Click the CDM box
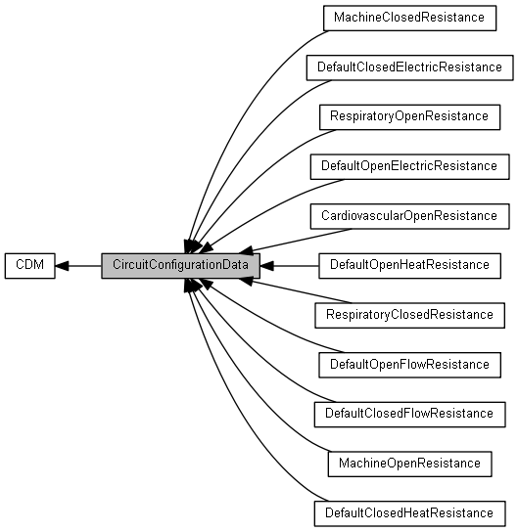click(30, 266)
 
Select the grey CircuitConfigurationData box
click(180, 266)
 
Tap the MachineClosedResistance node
click(409, 18)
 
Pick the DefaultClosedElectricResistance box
click(409, 67)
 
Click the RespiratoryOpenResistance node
click(409, 117)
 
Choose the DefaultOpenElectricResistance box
click(409, 166)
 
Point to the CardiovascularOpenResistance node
click(409, 216)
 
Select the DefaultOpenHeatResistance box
click(409, 266)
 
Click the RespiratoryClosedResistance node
click(409, 315)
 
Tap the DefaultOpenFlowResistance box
click(409, 365)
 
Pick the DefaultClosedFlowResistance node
click(409, 415)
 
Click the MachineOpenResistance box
click(409, 464)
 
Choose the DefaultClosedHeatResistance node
click(409, 513)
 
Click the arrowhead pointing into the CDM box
click(62, 266)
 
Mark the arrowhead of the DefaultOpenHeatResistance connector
click(267, 266)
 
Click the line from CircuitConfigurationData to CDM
click(78, 266)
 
